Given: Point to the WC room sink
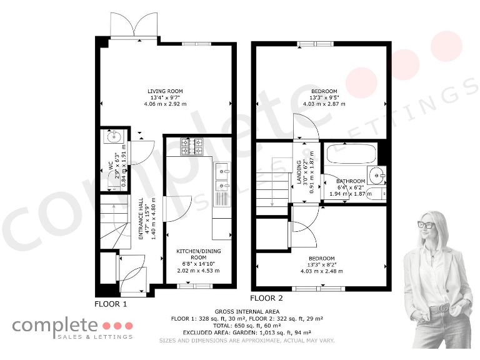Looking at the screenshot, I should (x=114, y=136).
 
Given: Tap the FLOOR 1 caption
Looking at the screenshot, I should (x=111, y=304).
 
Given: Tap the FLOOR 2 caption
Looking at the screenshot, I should (x=267, y=298).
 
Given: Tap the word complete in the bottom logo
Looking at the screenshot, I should (x=55, y=325).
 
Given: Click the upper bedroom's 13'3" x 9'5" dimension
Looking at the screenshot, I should (x=323, y=97).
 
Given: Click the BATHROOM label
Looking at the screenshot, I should (x=351, y=181).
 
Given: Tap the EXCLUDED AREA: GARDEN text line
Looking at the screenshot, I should (x=247, y=333).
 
